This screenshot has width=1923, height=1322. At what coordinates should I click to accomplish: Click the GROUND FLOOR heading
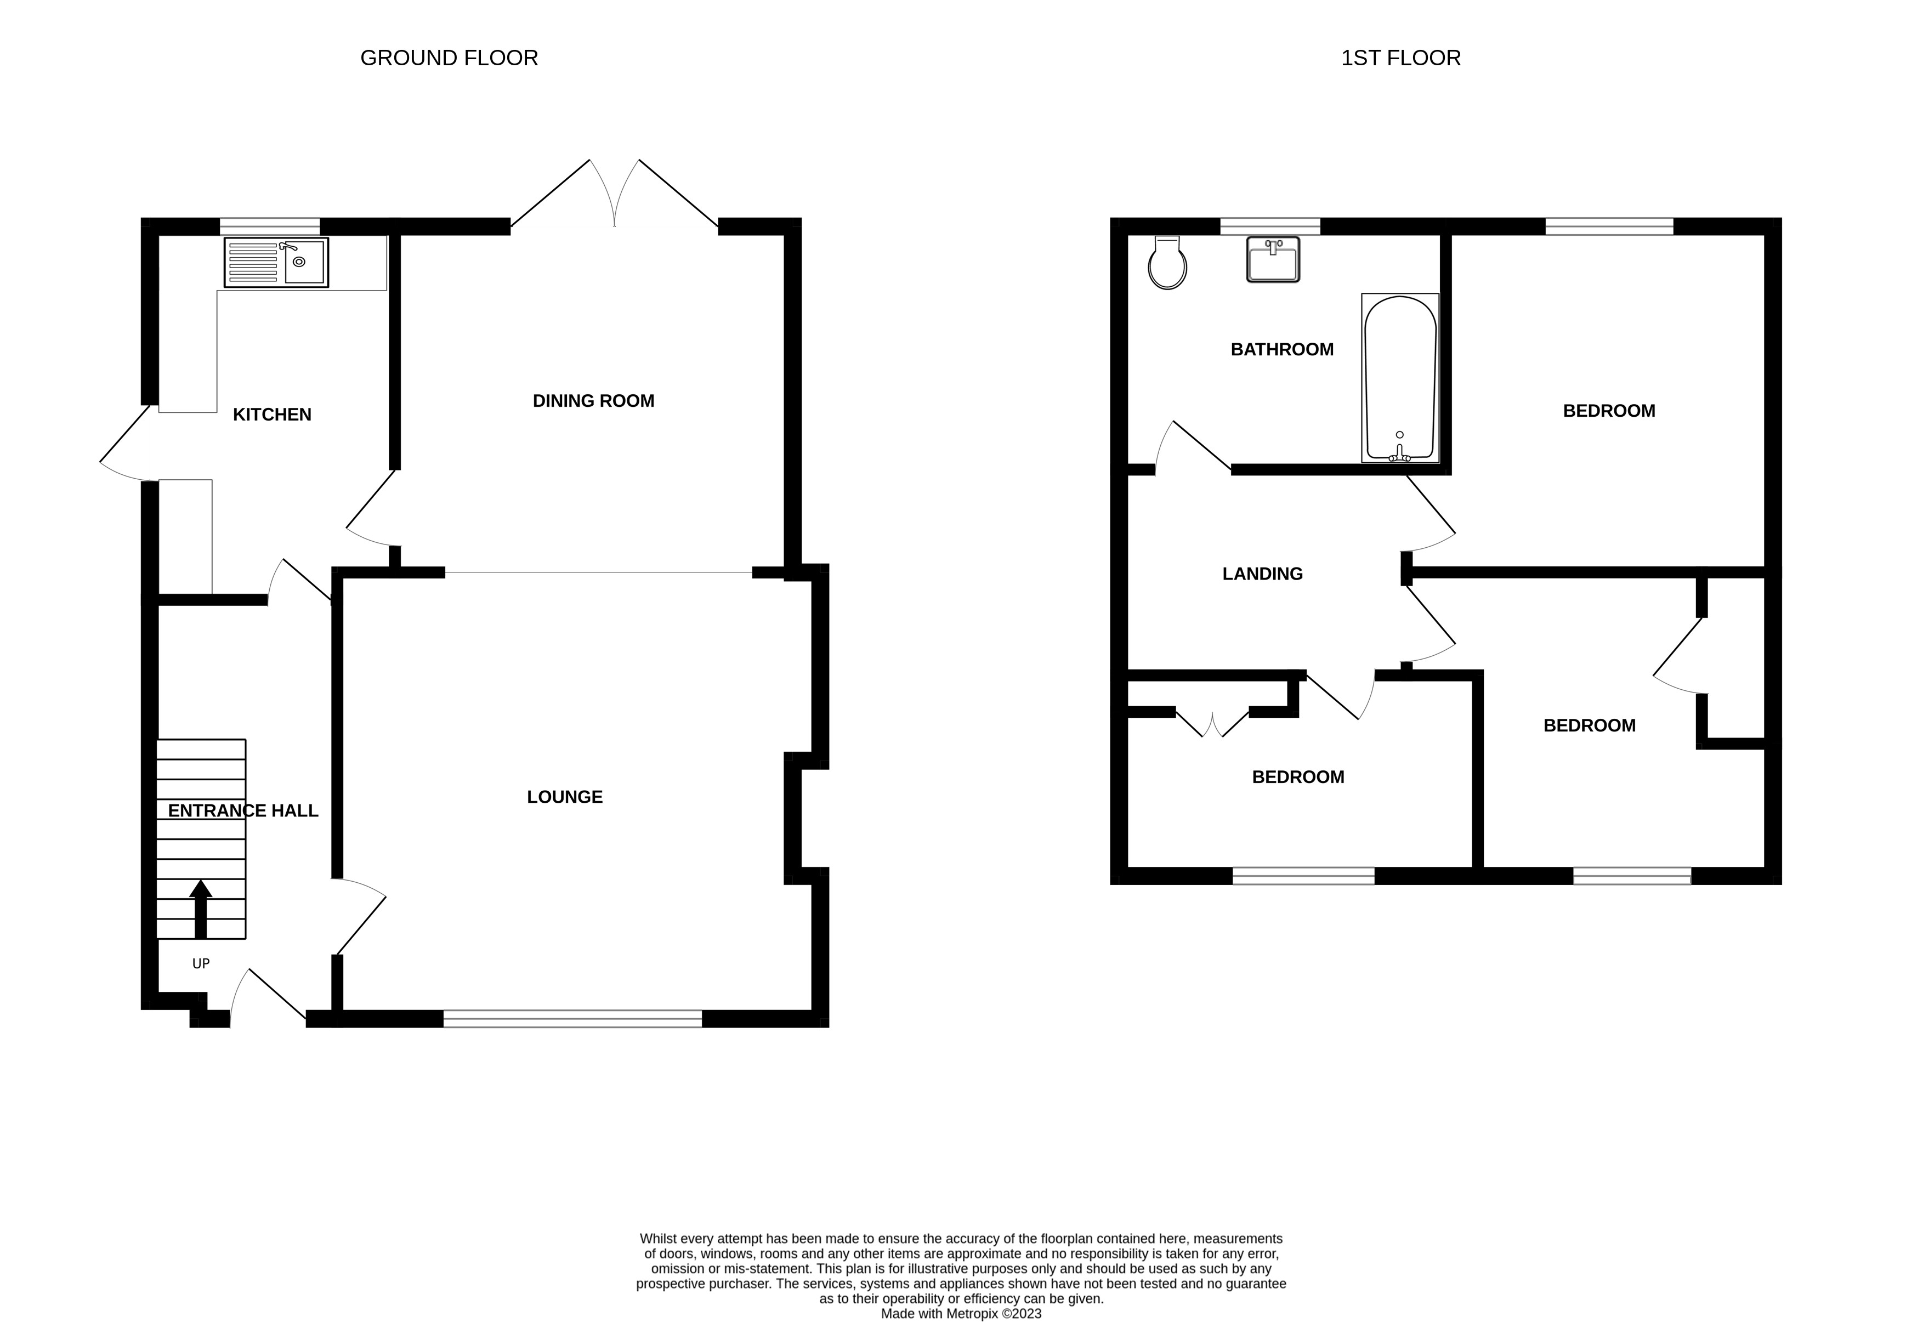(449, 58)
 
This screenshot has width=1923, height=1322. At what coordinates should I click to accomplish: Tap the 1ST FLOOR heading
(1400, 58)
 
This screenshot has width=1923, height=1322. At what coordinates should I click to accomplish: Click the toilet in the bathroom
(1168, 263)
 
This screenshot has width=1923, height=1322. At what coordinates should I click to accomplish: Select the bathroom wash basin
(1273, 259)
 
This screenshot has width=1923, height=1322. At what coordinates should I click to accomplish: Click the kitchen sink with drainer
(276, 262)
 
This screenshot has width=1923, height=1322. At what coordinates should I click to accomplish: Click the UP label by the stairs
(201, 963)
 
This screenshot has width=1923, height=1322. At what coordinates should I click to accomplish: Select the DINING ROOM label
(593, 401)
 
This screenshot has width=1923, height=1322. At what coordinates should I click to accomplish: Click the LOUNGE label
(565, 797)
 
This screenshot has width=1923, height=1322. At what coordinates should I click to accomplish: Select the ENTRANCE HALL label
(243, 811)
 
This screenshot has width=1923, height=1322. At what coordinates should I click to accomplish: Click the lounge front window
(572, 1019)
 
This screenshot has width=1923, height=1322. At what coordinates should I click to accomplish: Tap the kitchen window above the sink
(269, 226)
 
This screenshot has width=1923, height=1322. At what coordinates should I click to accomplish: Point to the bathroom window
(1269, 226)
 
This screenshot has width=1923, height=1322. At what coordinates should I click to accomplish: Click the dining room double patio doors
(615, 195)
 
